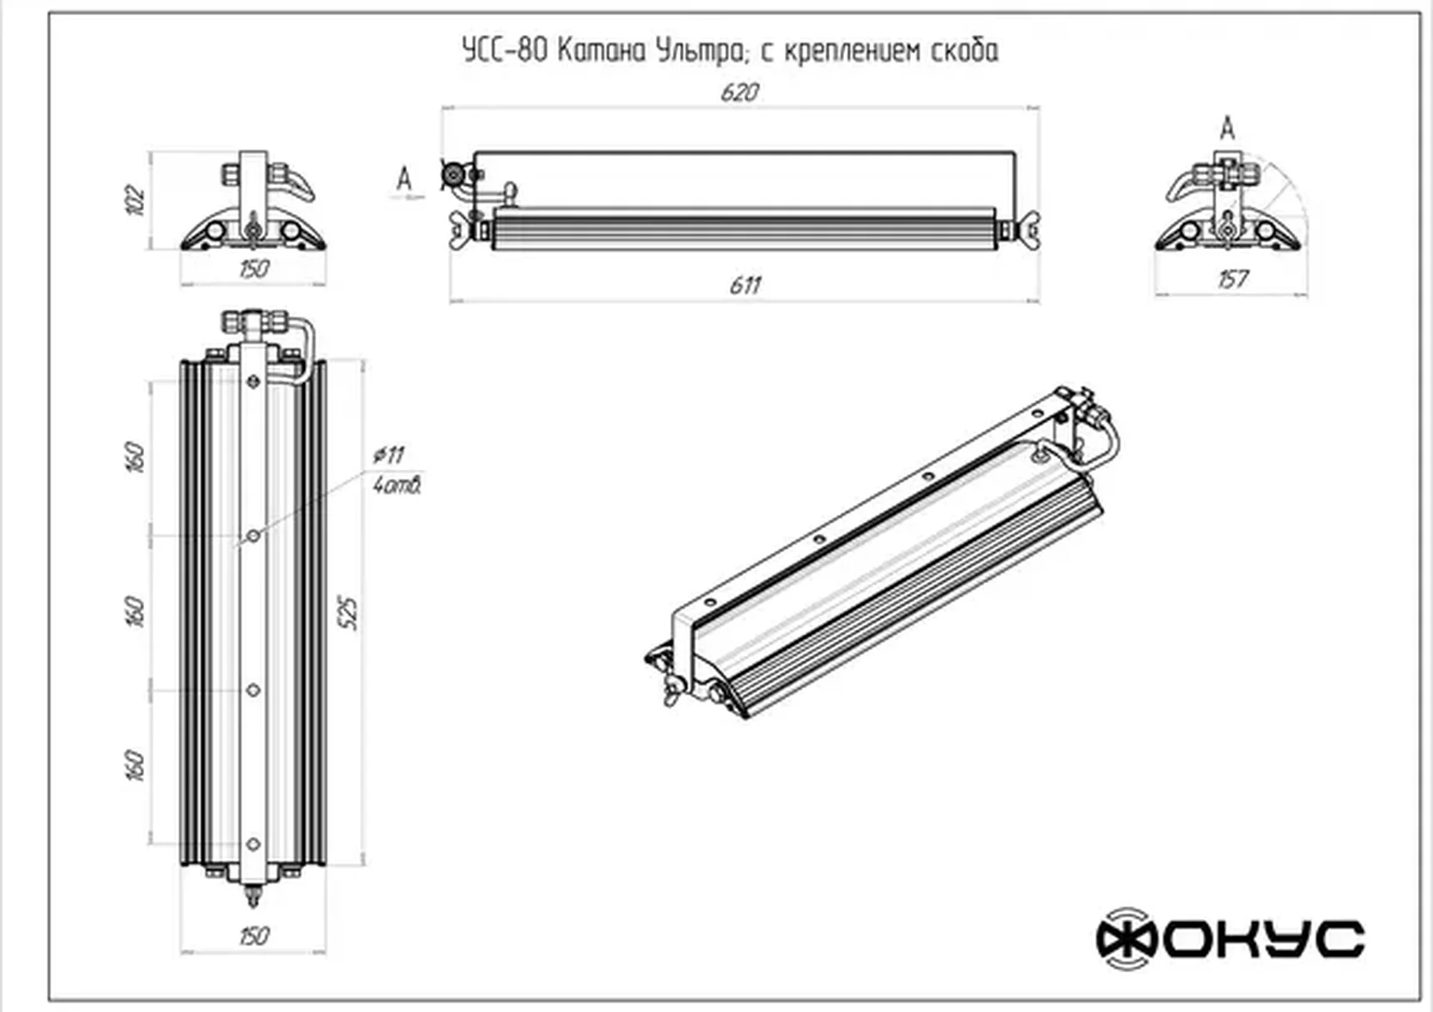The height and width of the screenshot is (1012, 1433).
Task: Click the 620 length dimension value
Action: click(739, 92)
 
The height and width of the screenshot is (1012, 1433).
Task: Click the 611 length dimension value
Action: click(745, 286)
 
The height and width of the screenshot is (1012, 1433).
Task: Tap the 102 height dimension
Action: click(135, 201)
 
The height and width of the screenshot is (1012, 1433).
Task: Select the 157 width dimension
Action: click(1232, 279)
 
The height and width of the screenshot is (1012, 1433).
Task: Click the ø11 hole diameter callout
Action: click(388, 455)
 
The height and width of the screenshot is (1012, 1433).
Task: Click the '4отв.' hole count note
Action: click(397, 485)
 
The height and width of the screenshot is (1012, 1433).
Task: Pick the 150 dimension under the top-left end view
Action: click(253, 269)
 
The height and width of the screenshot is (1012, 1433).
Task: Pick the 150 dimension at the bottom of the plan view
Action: click(253, 936)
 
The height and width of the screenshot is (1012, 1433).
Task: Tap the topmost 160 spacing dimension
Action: click(135, 457)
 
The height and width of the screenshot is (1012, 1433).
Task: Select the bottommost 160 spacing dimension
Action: click(135, 765)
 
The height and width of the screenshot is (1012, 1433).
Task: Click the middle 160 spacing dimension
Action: click(135, 611)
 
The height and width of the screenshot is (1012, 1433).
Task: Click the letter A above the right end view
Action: click(1226, 129)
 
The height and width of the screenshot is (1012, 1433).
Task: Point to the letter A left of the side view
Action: click(404, 178)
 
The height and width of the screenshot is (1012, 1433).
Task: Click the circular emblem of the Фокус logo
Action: click(1126, 939)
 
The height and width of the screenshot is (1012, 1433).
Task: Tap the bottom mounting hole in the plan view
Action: click(253, 844)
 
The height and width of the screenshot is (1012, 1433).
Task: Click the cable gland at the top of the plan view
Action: click(254, 320)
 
